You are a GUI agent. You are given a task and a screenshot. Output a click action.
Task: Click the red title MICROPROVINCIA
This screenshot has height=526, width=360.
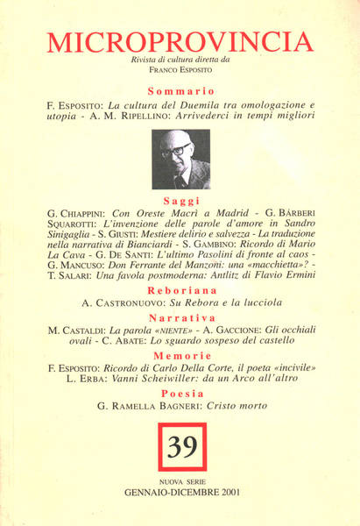pos(180,41)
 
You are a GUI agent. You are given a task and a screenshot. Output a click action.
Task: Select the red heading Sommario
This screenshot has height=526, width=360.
pos(180,90)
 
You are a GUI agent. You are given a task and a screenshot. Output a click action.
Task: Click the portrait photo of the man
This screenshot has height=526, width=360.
pos(180,160)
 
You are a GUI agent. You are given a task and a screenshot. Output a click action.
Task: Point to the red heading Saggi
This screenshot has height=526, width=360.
pos(180,201)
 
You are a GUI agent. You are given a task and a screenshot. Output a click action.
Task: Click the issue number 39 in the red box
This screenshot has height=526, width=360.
pos(182,447)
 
